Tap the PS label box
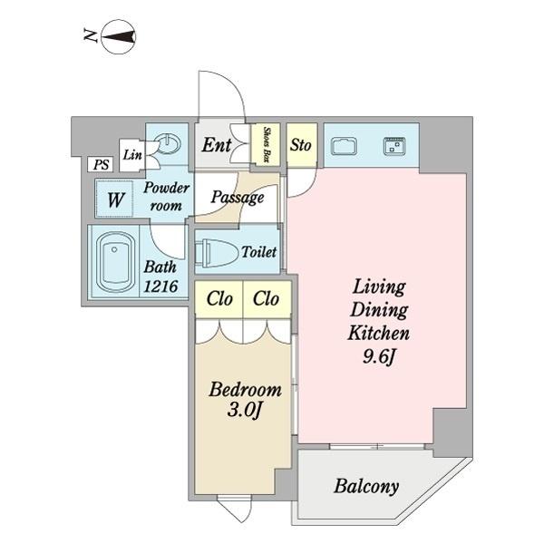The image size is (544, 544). [100, 164]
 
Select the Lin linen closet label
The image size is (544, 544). [132, 155]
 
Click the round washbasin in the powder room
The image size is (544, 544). [168, 143]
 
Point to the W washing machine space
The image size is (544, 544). [115, 199]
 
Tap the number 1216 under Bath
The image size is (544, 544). [160, 287]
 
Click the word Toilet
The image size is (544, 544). [259, 252]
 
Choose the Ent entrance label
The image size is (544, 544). [217, 145]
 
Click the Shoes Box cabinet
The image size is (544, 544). [266, 144]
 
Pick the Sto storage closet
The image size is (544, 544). [302, 144]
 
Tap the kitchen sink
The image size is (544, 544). [344, 146]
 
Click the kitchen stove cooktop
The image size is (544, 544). [394, 146]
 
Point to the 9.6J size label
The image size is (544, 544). [379, 356]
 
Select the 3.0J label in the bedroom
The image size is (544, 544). [244, 411]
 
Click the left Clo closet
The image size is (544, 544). [219, 299]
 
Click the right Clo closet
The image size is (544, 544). [267, 299]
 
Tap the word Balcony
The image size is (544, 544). [366, 486]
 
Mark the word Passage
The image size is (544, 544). [238, 198]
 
